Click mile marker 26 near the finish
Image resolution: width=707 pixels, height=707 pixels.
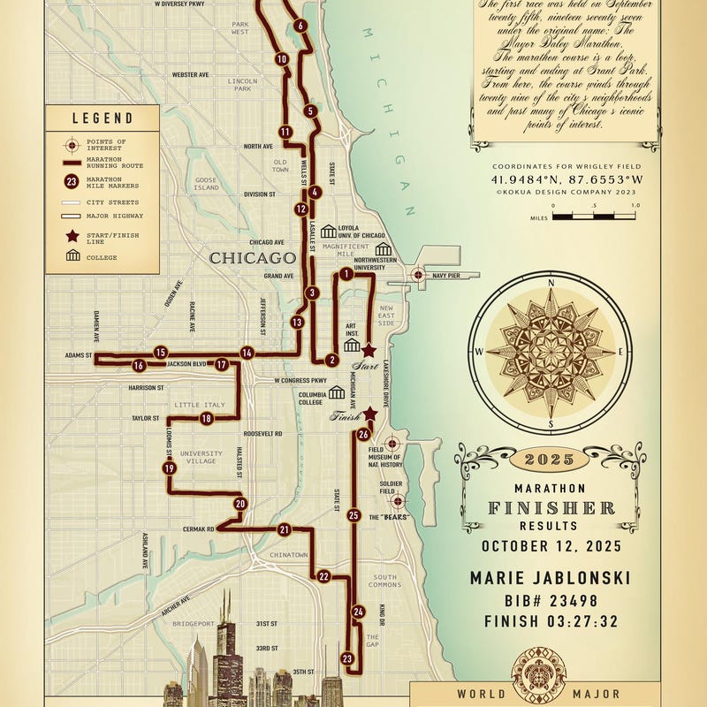tap(363, 434)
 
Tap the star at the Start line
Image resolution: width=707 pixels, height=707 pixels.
tap(369, 351)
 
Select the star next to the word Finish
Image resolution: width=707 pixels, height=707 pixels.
tap(370, 414)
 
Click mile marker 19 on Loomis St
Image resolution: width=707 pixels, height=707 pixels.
tap(169, 468)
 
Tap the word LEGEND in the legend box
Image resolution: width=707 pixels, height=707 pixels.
tap(103, 118)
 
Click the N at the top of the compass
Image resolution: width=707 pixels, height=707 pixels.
tap(551, 284)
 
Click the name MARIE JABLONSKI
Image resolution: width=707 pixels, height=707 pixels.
tap(550, 578)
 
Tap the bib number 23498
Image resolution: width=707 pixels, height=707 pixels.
tap(550, 600)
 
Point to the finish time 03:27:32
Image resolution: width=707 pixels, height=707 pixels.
tap(550, 621)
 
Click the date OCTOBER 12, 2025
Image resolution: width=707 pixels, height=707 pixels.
tap(550, 546)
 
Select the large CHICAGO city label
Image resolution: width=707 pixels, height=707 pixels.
tap(251, 258)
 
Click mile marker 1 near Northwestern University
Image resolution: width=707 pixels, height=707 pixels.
tap(346, 274)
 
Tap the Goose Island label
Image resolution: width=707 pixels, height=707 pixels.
tap(206, 184)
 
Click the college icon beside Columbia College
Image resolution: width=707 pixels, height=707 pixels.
tap(337, 392)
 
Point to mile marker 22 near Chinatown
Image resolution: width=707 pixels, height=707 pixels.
tap(323, 576)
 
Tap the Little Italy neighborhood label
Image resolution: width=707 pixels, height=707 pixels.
tap(200, 405)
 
